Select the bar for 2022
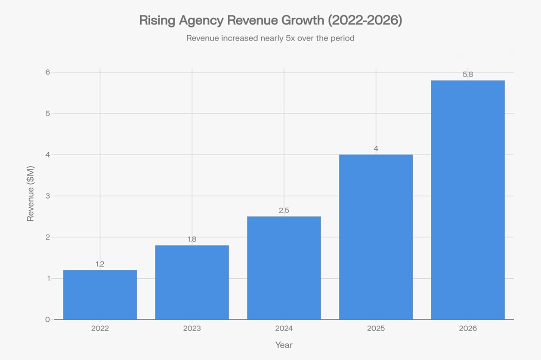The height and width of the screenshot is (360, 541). click(x=100, y=295)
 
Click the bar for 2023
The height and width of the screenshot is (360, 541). click(x=192, y=282)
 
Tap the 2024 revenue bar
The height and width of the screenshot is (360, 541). click(x=284, y=268)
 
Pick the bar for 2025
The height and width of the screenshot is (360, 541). click(x=376, y=237)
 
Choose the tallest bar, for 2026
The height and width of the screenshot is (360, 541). click(x=468, y=200)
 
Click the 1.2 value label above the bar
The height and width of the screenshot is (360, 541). click(x=100, y=264)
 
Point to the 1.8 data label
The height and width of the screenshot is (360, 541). click(x=192, y=239)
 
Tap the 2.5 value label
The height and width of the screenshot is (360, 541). click(x=284, y=210)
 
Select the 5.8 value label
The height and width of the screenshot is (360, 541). click(x=468, y=74)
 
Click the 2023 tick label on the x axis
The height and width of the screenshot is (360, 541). click(x=192, y=329)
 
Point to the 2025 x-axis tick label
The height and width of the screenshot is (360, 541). click(x=376, y=329)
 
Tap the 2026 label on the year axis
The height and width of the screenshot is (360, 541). click(x=468, y=329)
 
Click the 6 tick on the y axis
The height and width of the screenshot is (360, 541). click(x=48, y=72)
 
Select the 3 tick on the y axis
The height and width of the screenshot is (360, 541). click(x=48, y=196)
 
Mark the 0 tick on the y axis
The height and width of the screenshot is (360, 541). click(x=48, y=320)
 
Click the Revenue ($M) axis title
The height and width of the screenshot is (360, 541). click(x=31, y=194)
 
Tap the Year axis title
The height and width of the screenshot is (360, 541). click(x=284, y=345)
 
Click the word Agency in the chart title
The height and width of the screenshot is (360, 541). click(x=201, y=20)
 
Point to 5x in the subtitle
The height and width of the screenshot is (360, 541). click(x=291, y=38)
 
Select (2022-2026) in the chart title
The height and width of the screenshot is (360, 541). click(x=365, y=20)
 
